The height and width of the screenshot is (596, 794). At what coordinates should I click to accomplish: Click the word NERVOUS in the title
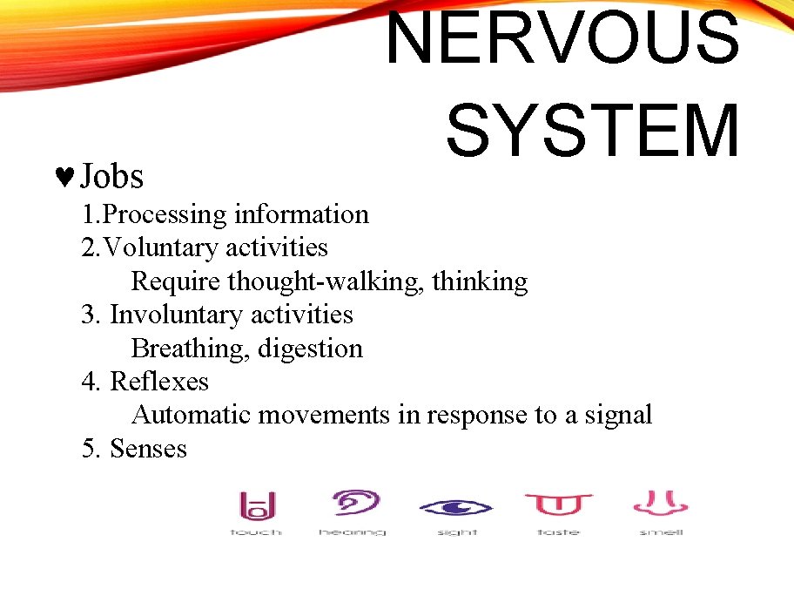point(562,38)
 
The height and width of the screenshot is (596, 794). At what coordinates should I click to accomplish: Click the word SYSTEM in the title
point(593,131)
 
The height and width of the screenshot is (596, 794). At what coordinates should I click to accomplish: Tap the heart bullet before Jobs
point(64,177)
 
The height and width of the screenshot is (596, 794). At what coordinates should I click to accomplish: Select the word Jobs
point(111,177)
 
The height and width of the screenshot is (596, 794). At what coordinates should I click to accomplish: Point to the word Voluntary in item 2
point(161,247)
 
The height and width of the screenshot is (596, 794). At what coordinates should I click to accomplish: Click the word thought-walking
point(326,281)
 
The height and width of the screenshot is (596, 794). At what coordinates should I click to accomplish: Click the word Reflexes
point(159,382)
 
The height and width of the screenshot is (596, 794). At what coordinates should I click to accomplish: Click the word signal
point(617,415)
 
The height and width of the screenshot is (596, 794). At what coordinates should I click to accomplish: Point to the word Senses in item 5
point(148,449)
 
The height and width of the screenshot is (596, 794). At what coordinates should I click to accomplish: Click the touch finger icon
point(257,505)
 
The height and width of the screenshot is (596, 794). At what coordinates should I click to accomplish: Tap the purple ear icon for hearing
point(356,504)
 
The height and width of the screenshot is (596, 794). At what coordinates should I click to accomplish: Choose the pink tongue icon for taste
point(558,505)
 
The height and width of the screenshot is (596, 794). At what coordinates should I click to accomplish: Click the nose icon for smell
point(661,504)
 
